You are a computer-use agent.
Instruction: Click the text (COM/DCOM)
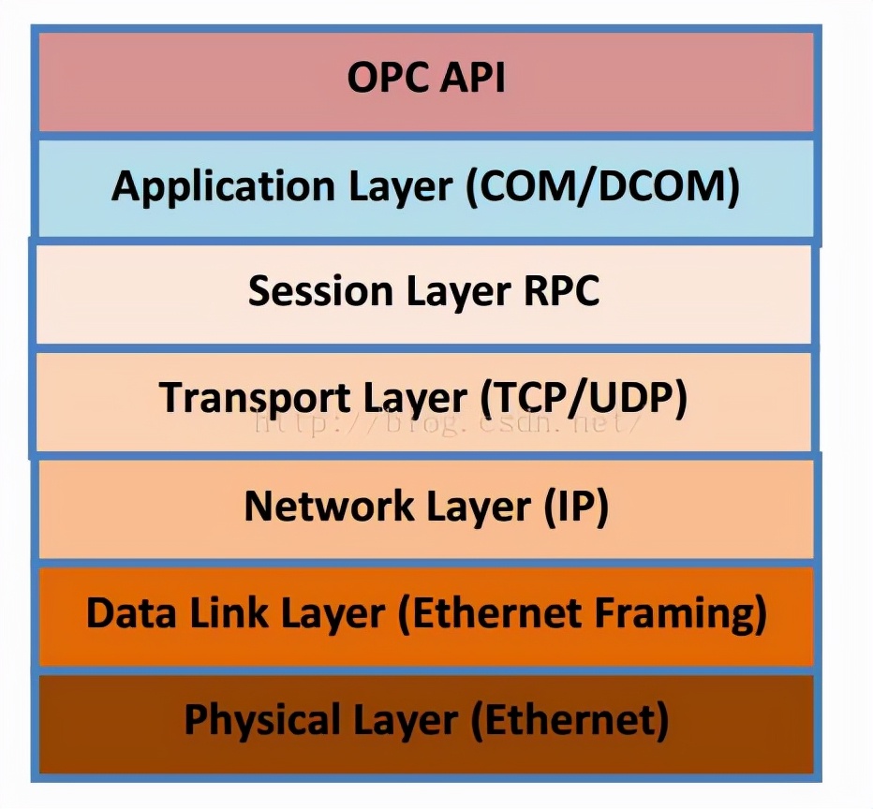tap(602, 187)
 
